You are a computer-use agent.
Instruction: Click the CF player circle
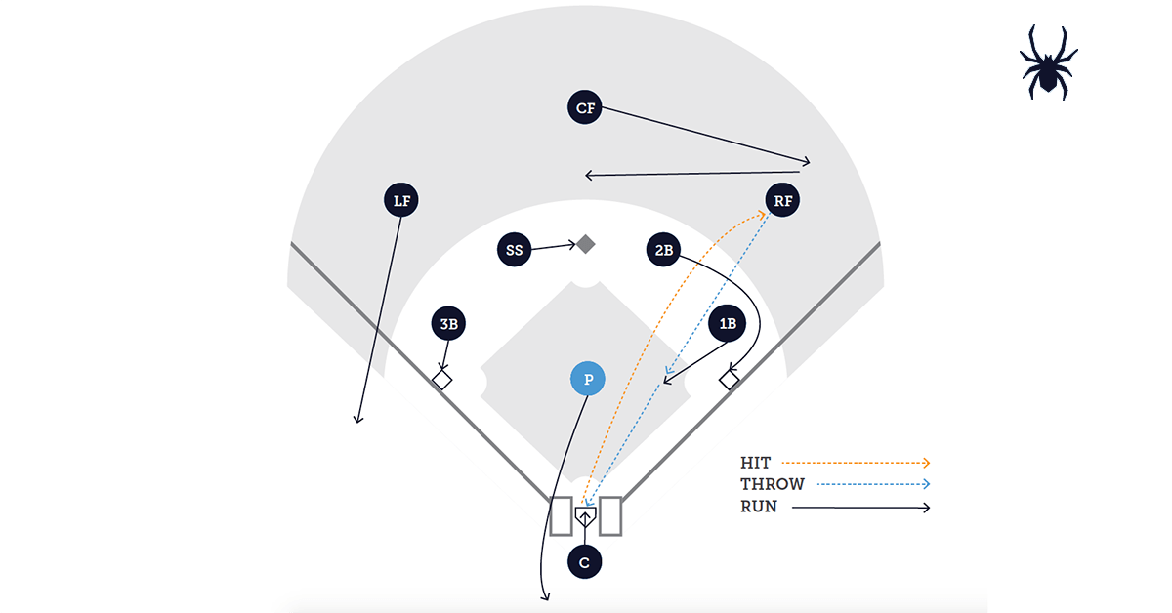(x=585, y=107)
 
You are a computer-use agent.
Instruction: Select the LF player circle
(x=401, y=201)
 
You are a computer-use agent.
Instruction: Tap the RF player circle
(x=782, y=201)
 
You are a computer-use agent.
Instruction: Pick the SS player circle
(x=515, y=249)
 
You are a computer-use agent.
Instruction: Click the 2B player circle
(x=663, y=250)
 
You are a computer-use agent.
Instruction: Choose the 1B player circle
(x=727, y=324)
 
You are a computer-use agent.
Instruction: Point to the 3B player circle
(x=448, y=324)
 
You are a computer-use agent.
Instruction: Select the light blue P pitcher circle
(x=588, y=380)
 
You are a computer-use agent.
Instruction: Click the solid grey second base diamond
(x=585, y=244)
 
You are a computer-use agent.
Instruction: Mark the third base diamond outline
(x=442, y=380)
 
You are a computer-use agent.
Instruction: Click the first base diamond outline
(x=729, y=380)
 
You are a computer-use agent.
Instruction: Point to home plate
(x=585, y=515)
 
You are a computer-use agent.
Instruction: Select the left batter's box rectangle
(x=561, y=515)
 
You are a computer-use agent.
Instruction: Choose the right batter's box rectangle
(x=610, y=515)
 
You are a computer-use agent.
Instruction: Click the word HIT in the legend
(x=755, y=463)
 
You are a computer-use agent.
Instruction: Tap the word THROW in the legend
(x=773, y=484)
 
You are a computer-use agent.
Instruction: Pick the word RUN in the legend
(x=759, y=507)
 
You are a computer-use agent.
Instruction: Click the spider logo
(x=1049, y=61)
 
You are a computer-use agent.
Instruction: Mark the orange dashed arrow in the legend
(x=856, y=463)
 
